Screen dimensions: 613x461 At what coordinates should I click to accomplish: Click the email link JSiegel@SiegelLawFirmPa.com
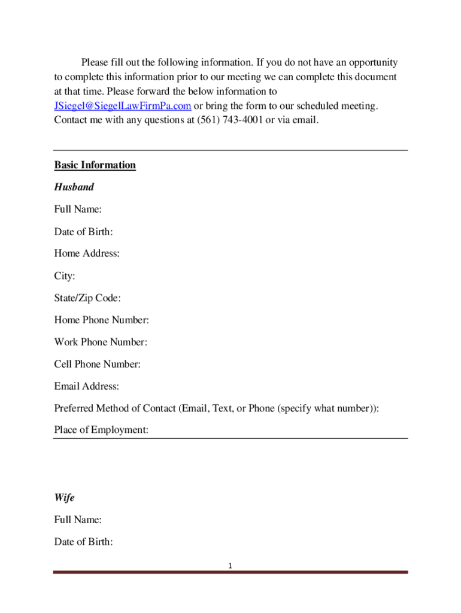(x=123, y=106)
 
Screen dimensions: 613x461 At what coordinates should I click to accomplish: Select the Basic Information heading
(x=95, y=165)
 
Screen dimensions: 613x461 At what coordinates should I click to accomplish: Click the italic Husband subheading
(x=74, y=187)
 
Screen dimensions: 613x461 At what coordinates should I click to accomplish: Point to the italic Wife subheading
(x=64, y=498)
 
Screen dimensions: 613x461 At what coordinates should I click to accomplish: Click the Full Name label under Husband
(x=78, y=210)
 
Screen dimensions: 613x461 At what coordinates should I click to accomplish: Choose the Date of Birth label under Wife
(x=84, y=542)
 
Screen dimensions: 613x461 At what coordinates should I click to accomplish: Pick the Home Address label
(x=87, y=254)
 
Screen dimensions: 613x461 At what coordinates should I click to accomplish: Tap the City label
(x=65, y=276)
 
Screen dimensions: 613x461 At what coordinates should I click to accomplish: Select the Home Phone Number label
(x=101, y=320)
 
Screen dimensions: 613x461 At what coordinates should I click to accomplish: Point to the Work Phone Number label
(x=101, y=342)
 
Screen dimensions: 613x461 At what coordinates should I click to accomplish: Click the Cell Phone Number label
(x=98, y=365)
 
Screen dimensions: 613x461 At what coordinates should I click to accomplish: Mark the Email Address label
(x=86, y=387)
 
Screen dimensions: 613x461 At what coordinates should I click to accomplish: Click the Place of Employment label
(x=101, y=430)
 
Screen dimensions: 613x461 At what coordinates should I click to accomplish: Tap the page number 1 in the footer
(x=230, y=566)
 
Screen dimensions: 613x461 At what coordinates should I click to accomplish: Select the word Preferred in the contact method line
(x=75, y=408)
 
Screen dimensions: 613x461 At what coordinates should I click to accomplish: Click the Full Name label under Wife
(x=78, y=520)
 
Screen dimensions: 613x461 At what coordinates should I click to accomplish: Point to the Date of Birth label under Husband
(x=84, y=232)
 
